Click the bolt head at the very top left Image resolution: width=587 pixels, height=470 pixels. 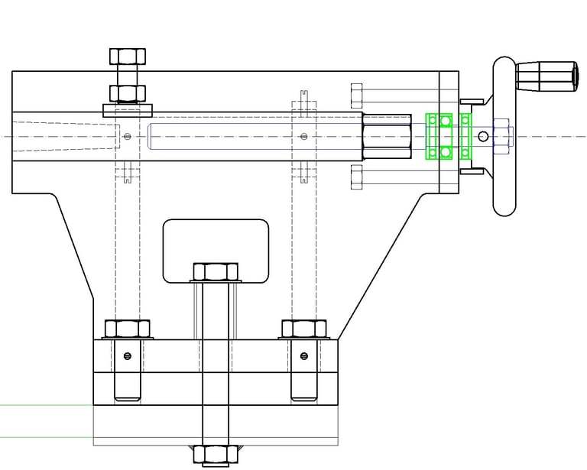coord(128,56)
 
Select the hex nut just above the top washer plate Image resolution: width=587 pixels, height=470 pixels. coord(128,93)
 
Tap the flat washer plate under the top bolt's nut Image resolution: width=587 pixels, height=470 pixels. coord(128,106)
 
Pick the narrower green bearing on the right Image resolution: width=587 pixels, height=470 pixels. coord(465,136)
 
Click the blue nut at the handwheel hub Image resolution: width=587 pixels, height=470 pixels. coord(501,136)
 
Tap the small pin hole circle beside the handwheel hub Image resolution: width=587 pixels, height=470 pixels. coord(482,137)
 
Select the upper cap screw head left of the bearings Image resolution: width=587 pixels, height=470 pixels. coord(355,96)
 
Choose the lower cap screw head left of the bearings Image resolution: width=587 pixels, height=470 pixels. coord(355,177)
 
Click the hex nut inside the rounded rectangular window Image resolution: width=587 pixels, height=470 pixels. coord(216,271)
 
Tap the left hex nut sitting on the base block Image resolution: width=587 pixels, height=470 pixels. coord(127,329)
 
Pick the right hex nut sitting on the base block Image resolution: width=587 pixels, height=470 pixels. coord(304,329)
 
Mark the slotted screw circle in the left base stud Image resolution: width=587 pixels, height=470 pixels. coord(127,355)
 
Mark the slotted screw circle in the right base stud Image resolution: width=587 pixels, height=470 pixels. coord(304,355)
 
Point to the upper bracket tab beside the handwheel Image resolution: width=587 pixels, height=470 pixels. coord(472,101)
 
